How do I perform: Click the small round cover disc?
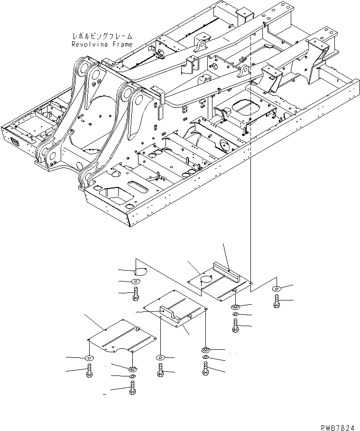tap(139, 272)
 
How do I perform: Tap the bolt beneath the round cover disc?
tap(136, 295)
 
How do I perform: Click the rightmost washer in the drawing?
tap(277, 289)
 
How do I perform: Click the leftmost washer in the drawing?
tap(89, 358)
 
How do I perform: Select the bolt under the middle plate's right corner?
tap(205, 368)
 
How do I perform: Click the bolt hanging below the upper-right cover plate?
tap(236, 326)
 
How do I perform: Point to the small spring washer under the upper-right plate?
tap(236, 315)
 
